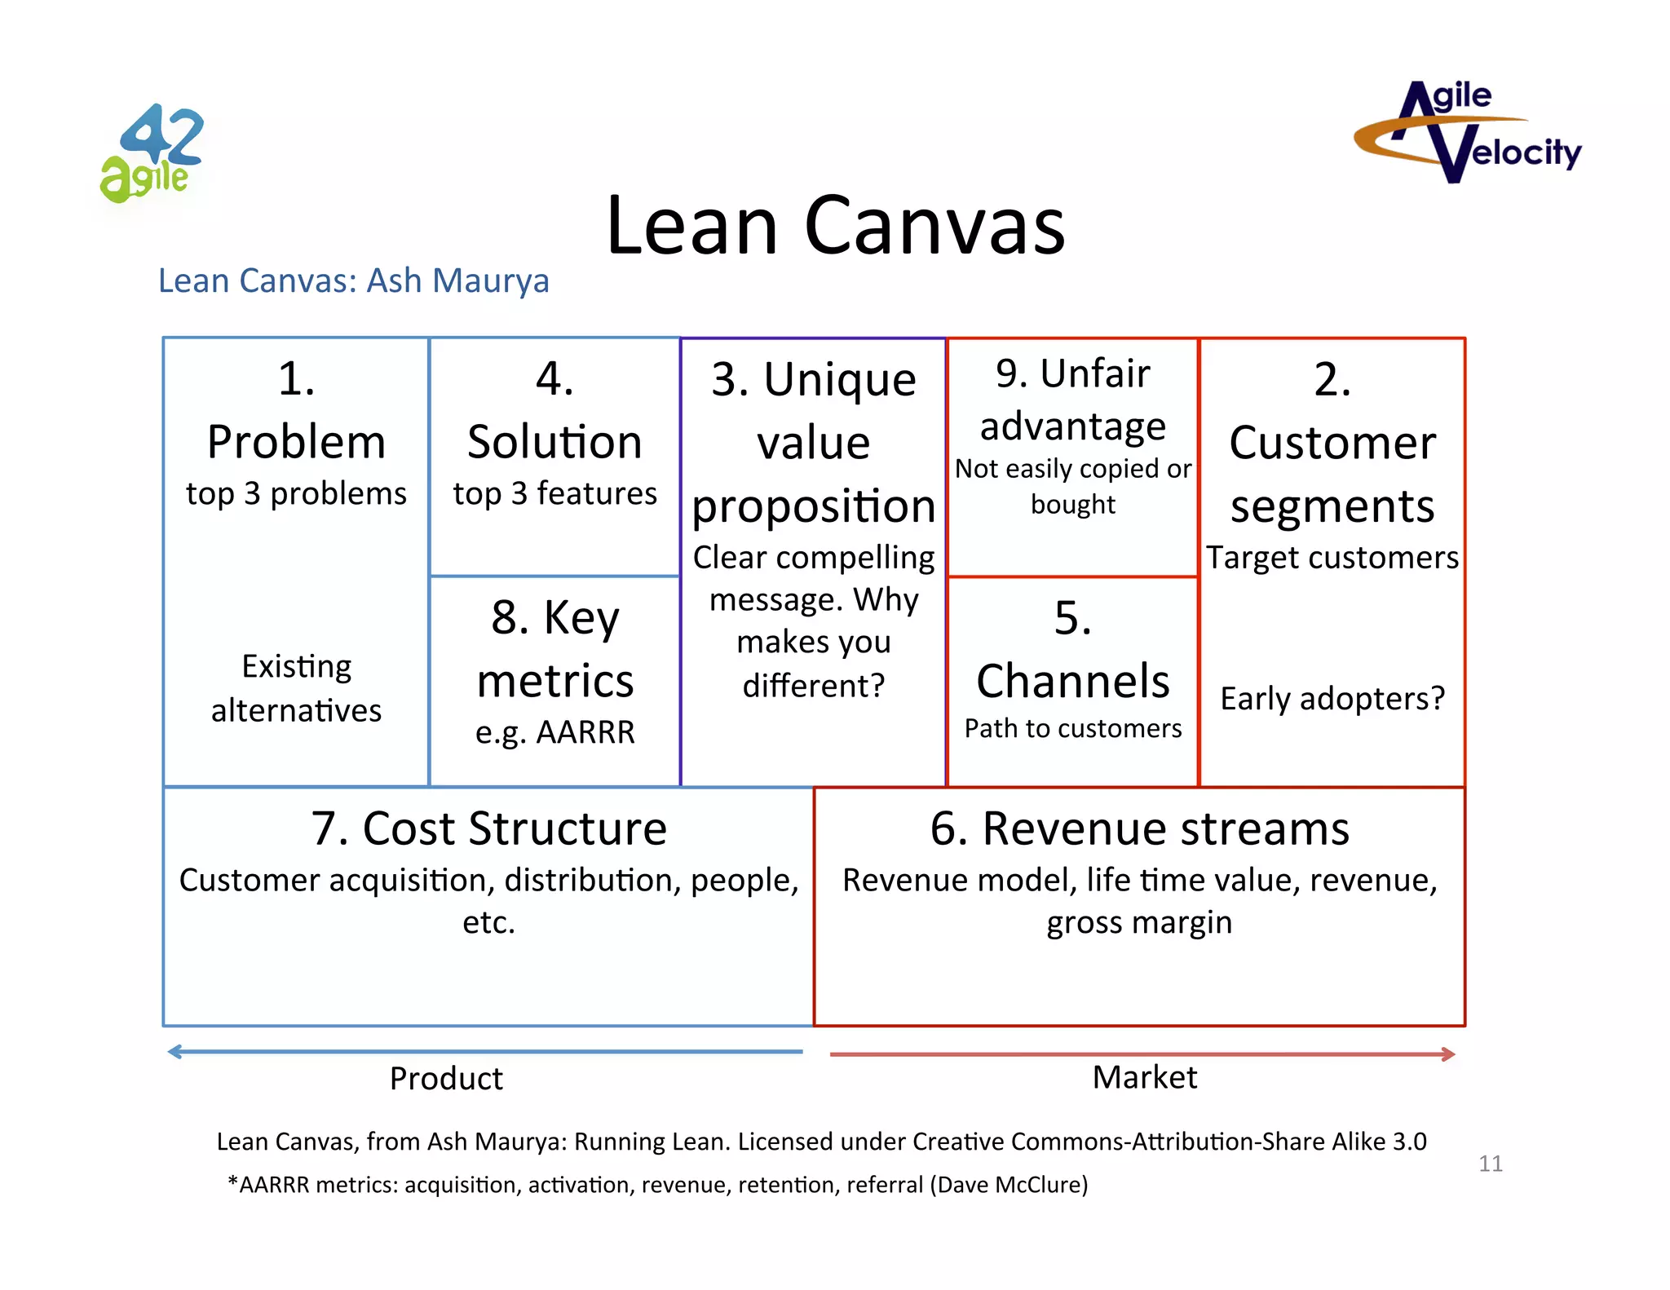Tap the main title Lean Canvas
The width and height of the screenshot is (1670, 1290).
pos(835,225)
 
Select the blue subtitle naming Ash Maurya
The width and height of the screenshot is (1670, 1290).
pos(353,281)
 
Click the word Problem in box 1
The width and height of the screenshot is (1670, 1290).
pos(296,442)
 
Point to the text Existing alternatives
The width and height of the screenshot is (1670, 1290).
pos(296,688)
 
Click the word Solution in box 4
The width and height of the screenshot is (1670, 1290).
pos(554,442)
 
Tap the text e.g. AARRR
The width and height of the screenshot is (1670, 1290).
pos(554,732)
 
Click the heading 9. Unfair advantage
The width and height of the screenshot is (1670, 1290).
pos(1072,400)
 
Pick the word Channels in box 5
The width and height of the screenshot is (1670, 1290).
pos(1072,681)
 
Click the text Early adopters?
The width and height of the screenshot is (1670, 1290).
pos(1332,699)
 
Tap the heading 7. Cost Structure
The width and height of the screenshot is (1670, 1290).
pos(488,828)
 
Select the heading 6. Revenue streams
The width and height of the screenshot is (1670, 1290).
pos(1139,828)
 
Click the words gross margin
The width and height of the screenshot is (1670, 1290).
pos(1139,923)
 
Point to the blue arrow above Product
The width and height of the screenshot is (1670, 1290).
pos(485,1052)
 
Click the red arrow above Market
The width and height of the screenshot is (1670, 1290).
pos(1142,1054)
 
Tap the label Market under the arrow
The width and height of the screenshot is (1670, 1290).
pos(1144,1078)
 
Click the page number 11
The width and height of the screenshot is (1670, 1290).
pos(1490,1164)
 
